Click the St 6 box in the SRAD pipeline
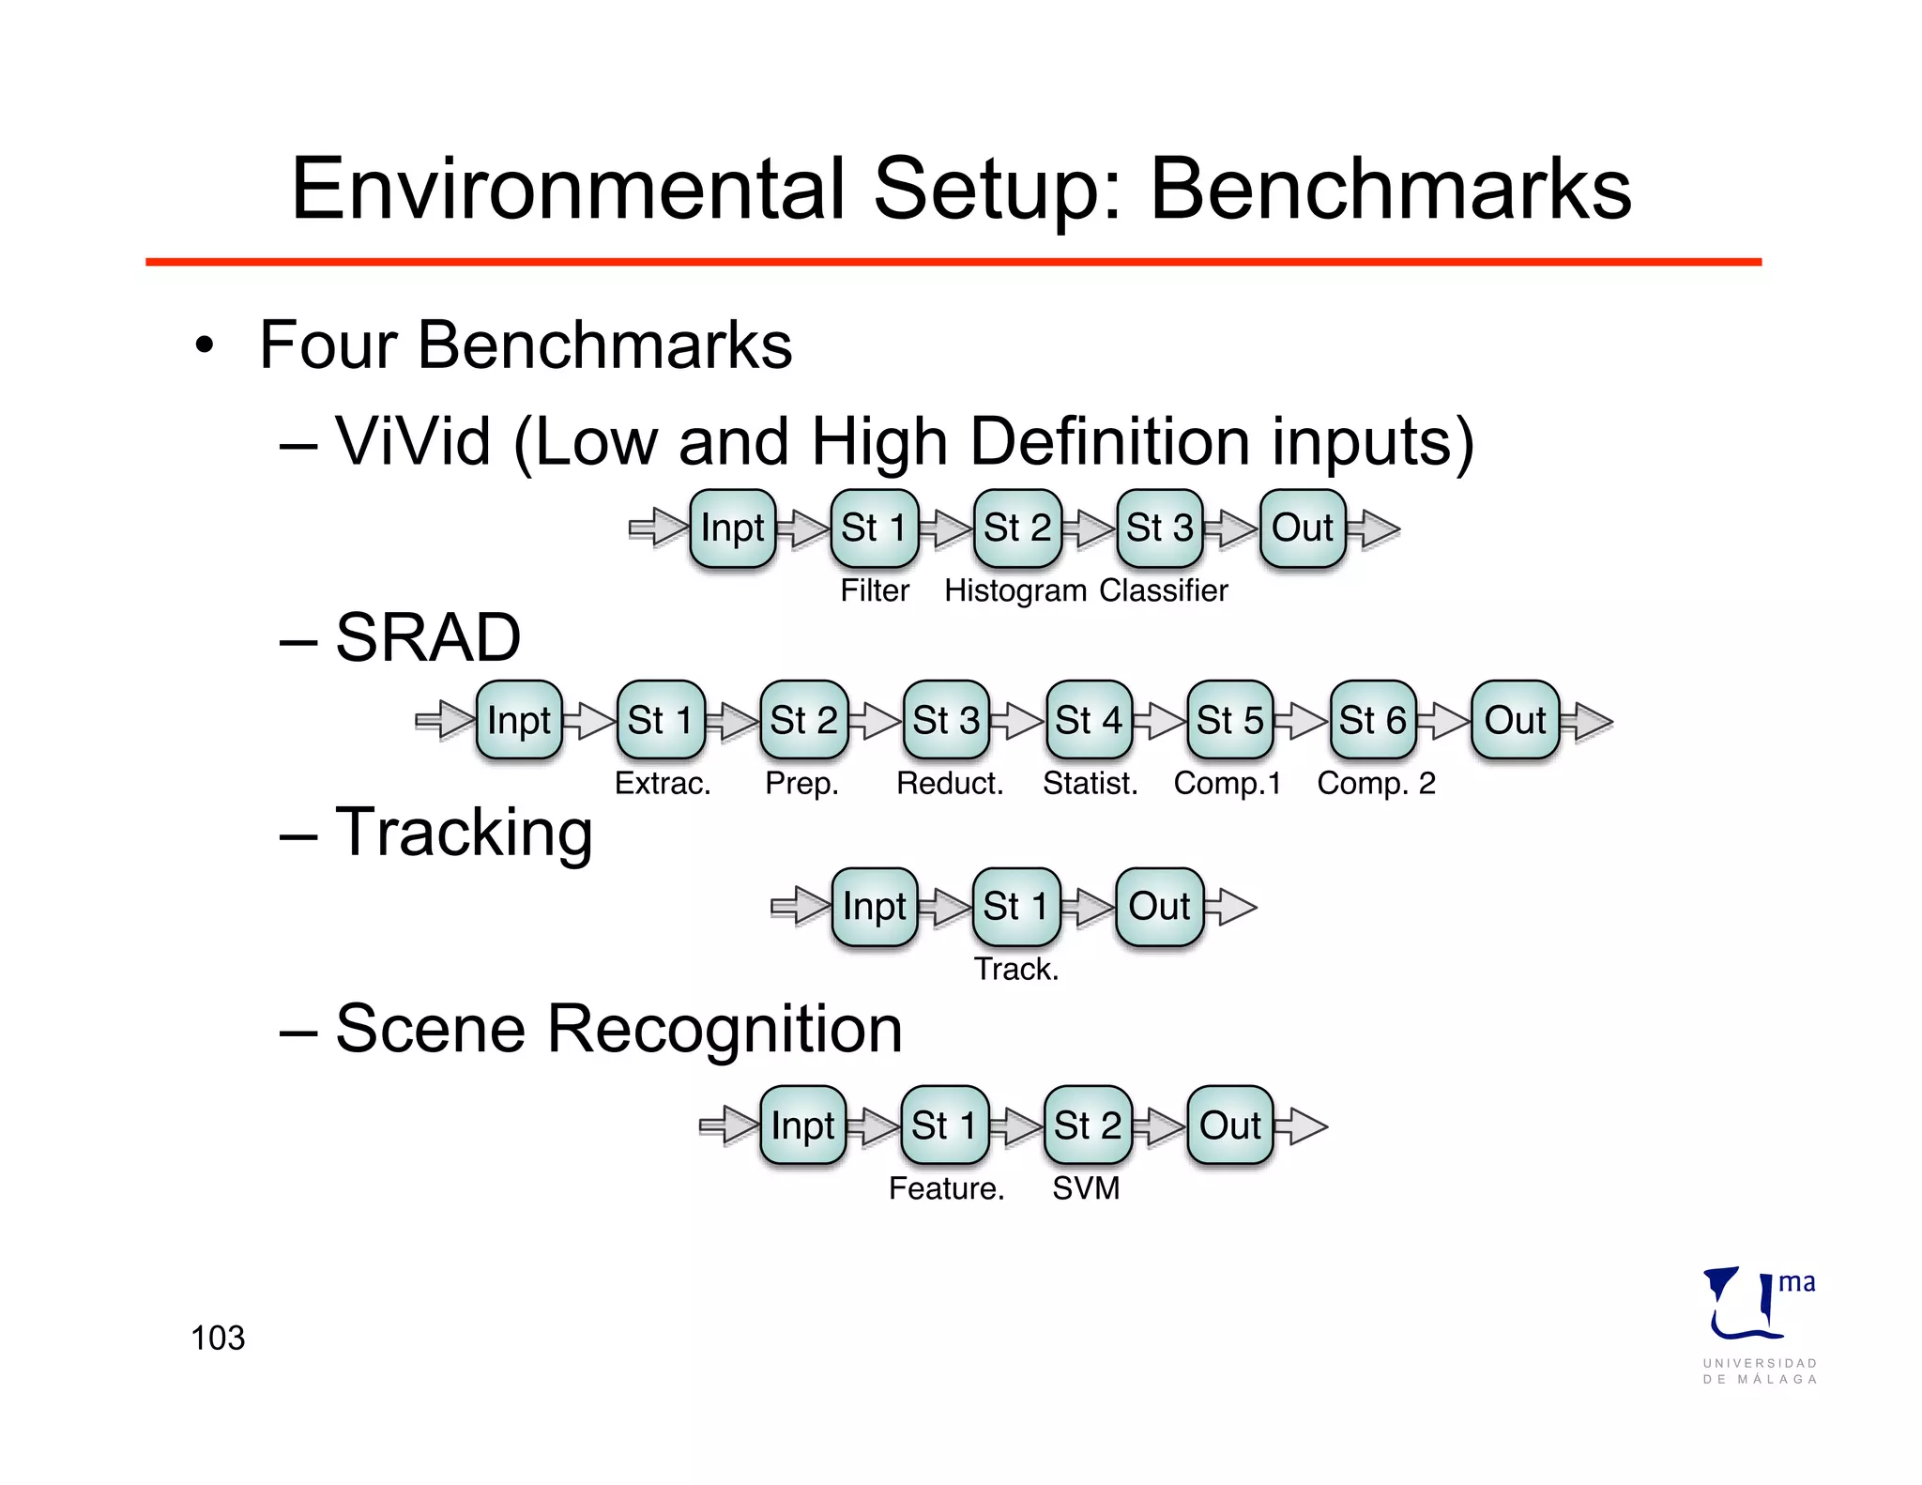pos(1372,720)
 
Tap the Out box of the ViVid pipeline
pos(1302,528)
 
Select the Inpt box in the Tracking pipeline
pos(874,907)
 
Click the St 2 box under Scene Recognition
pos(1087,1125)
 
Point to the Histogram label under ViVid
pos(1014,590)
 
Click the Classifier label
pos(1163,590)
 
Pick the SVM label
pos(1085,1188)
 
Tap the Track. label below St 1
pos(1015,969)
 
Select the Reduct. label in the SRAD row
pos(949,783)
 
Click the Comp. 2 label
pos(1376,783)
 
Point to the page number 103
pos(218,1338)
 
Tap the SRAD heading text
pos(427,638)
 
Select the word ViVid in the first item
pos(413,441)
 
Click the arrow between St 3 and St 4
pos(1017,721)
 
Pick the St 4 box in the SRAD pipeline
pos(1088,720)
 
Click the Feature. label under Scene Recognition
pos(946,1188)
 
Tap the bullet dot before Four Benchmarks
pos(205,345)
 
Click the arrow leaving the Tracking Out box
pos(1231,907)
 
